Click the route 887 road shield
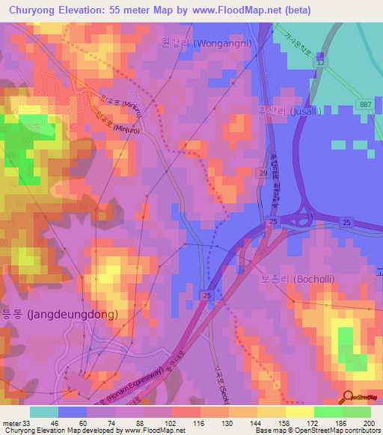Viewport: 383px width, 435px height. (364, 104)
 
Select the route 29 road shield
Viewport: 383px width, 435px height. (263, 173)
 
